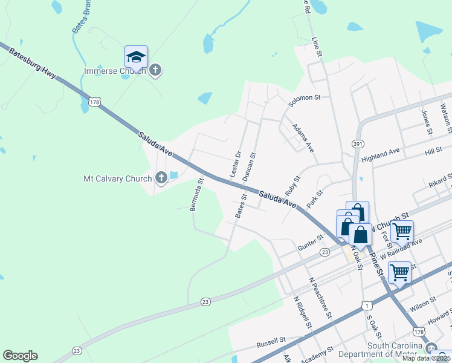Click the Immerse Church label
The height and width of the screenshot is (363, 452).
coord(114,71)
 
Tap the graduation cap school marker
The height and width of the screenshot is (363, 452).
coord(136,57)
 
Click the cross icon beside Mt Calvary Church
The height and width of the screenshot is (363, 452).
coord(161,178)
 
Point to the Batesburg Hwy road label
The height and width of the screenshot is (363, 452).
coord(33,62)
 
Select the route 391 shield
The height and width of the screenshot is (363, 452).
coord(357,143)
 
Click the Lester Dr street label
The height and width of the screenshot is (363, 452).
coord(236,164)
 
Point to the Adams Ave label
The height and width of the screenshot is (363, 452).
coord(303,139)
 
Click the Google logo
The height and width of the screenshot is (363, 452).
coord(20,356)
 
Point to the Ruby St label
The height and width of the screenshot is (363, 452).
coord(292,185)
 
